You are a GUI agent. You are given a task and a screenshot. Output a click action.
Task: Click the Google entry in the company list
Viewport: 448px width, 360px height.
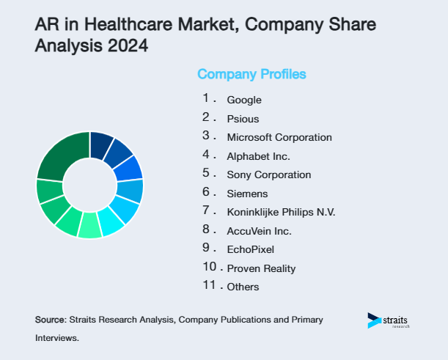244,100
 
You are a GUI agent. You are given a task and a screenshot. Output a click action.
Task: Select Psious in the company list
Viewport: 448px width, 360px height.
243,119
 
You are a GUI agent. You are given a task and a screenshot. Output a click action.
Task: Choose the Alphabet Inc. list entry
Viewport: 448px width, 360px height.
258,156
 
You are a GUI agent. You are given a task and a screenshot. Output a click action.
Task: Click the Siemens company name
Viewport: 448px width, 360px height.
247,194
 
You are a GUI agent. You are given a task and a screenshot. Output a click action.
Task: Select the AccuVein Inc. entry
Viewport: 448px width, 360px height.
259,231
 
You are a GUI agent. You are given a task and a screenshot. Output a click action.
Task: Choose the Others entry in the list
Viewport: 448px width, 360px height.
243,287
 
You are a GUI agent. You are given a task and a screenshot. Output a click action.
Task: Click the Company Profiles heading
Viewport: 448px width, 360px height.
251,74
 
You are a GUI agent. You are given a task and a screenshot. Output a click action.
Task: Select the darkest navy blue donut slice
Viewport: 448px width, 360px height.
100,145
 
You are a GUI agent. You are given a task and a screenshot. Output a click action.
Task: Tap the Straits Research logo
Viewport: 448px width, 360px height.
388,321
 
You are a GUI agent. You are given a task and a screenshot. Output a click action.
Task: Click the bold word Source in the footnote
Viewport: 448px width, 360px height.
50,320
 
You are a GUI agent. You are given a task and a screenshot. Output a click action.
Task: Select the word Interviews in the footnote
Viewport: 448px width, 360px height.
56,339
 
